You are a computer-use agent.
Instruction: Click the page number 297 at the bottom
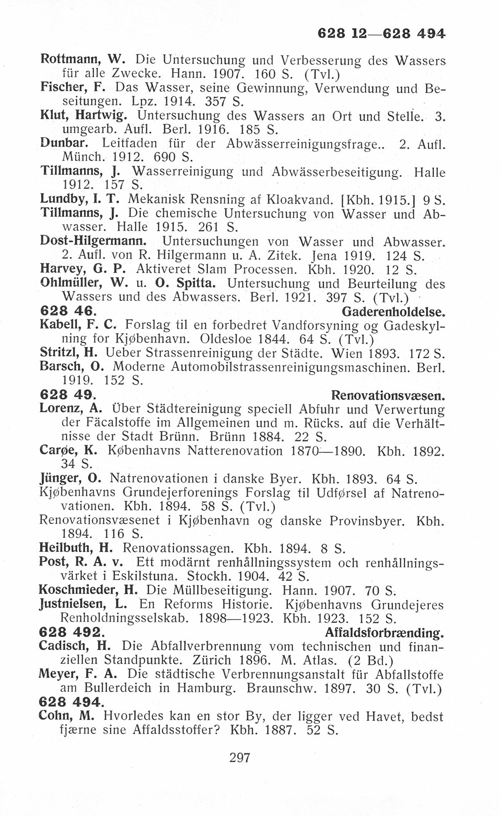tap(240, 757)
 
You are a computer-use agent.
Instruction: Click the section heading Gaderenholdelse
tap(393, 312)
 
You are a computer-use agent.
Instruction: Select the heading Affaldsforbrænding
tap(384, 633)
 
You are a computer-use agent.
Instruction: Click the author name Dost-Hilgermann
tap(94, 241)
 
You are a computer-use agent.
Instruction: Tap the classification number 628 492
tap(70, 632)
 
